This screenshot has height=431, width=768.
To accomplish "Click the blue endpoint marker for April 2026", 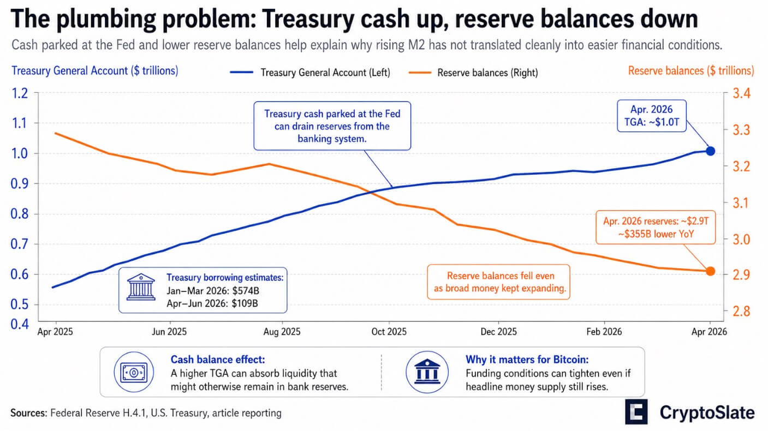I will (x=710, y=151).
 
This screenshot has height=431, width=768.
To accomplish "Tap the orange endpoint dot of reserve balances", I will (x=710, y=271).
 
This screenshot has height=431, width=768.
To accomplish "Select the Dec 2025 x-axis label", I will (x=498, y=331).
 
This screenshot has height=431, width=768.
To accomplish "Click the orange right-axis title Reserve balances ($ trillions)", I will (x=691, y=70).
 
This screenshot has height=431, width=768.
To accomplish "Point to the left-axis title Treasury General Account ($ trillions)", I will (x=94, y=70).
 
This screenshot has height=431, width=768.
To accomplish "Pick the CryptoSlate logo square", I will (x=636, y=412).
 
